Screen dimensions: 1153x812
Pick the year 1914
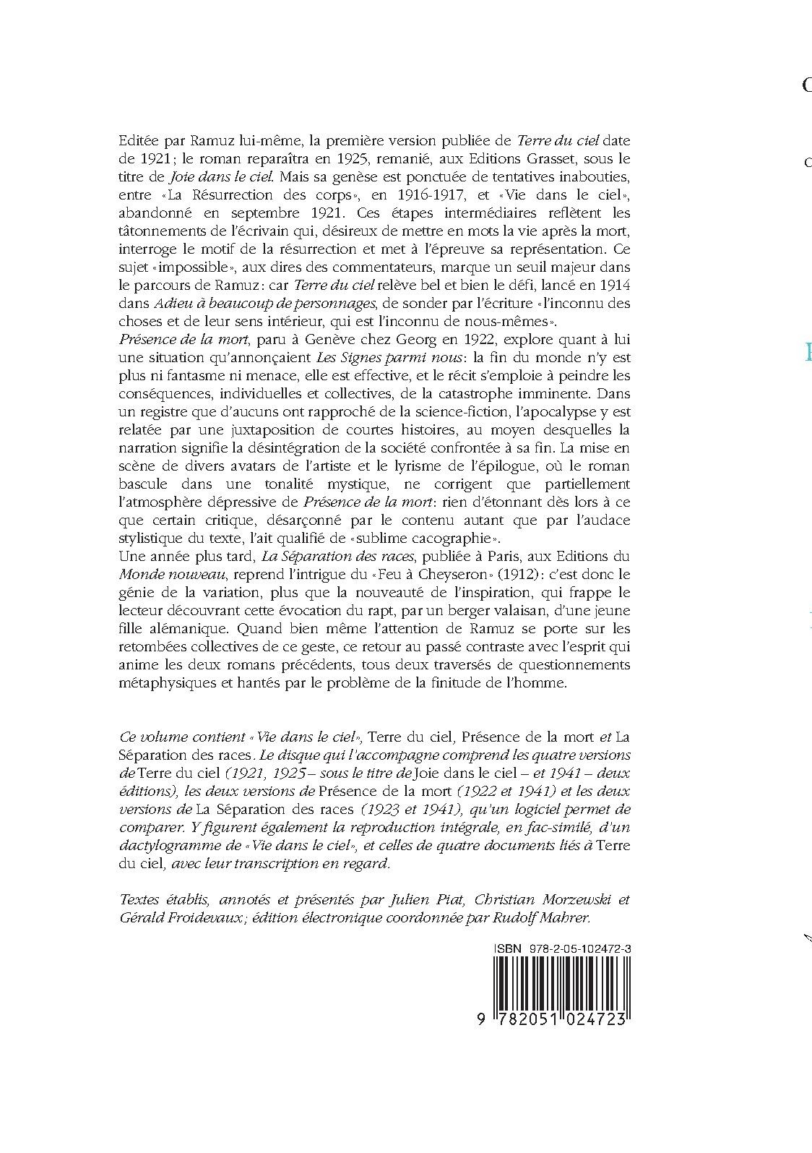click(615, 285)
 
